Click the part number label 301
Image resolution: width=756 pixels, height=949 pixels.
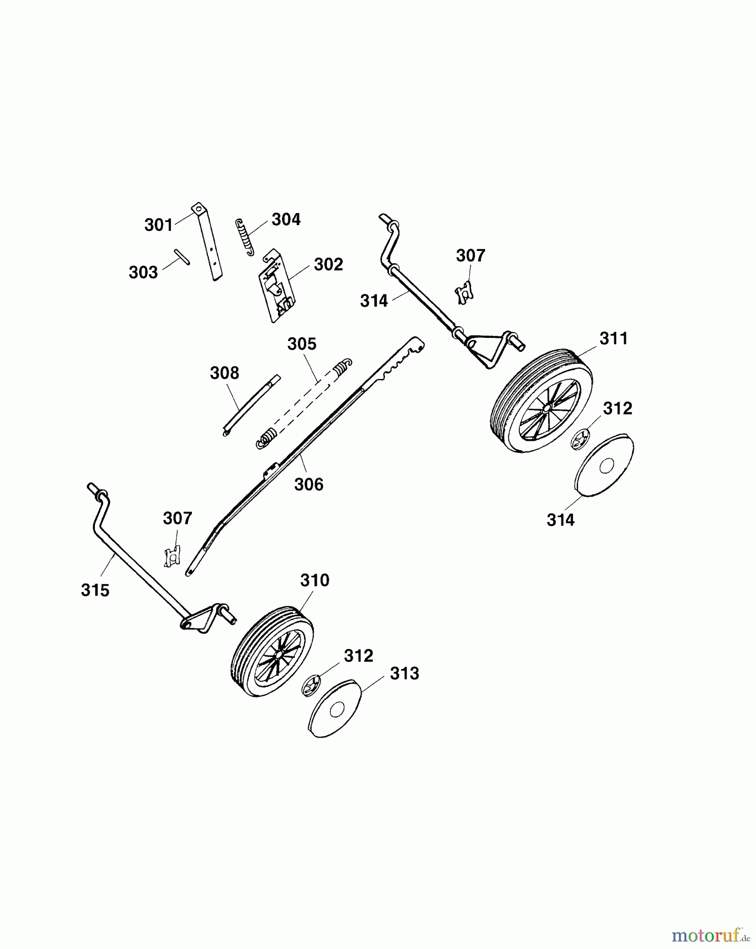pos(159,225)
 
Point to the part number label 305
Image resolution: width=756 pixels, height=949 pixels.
pos(302,344)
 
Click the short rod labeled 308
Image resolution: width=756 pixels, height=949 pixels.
pos(251,405)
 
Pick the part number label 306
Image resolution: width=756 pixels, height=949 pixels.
pos(309,484)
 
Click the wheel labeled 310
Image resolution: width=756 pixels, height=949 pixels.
pos(273,651)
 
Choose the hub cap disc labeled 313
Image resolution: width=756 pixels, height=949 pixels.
pos(335,708)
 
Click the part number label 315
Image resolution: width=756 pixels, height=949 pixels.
pos(95,590)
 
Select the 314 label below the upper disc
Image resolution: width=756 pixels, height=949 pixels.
pos(560,520)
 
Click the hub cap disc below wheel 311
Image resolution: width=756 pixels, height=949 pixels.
pos(604,464)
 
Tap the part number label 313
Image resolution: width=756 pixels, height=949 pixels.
pos(404,673)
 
